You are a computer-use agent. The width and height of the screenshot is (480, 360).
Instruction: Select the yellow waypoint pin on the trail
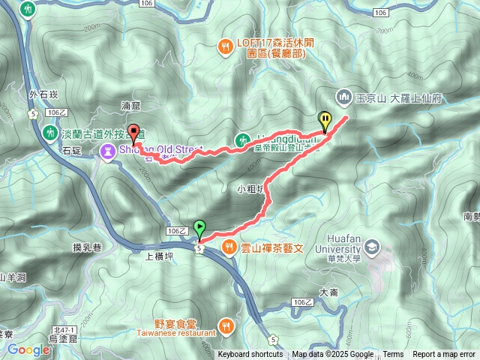pos(325,120)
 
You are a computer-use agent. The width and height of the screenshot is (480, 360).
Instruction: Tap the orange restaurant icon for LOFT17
pos(225,46)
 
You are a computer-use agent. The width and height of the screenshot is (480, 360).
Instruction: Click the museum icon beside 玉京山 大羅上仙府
pos(344,97)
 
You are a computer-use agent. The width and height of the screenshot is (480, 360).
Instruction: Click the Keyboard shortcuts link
pos(250,355)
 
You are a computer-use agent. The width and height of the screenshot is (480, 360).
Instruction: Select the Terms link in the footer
pos(393,355)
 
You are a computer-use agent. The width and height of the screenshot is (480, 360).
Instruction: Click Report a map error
pos(444,355)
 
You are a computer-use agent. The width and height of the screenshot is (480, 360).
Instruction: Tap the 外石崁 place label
pos(43,95)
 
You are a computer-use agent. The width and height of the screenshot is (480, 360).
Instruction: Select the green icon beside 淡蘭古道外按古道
pos(51,131)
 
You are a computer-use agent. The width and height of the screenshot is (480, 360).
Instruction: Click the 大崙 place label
pos(329,292)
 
